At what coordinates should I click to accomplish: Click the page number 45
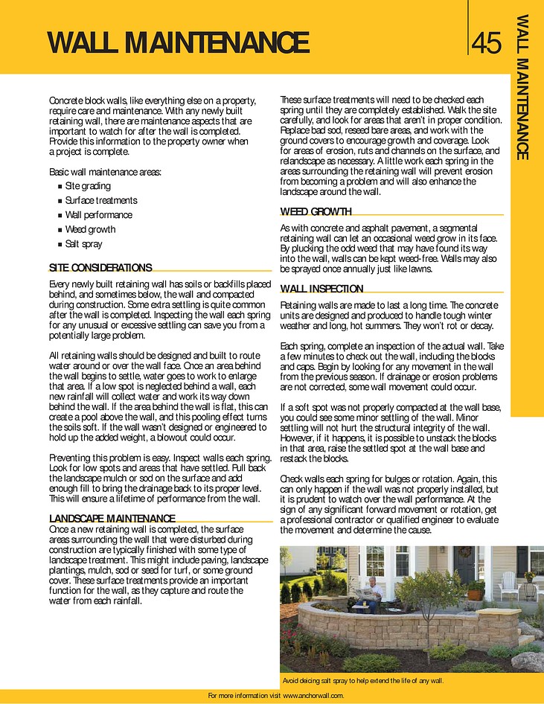pyautogui.click(x=487, y=43)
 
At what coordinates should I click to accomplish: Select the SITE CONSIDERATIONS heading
pyautogui.click(x=100, y=267)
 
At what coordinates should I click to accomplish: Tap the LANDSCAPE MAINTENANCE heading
pyautogui.click(x=112, y=518)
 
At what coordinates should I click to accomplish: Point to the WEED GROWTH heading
pyautogui.click(x=316, y=211)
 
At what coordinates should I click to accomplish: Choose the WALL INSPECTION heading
pyautogui.click(x=321, y=289)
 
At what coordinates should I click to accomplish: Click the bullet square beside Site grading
pyautogui.click(x=60, y=187)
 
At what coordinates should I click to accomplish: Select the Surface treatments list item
pyautogui.click(x=100, y=201)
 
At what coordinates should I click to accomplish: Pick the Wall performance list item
pyautogui.click(x=98, y=215)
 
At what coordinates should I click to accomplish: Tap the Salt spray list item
pyautogui.click(x=83, y=244)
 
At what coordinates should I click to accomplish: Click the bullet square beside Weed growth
pyautogui.click(x=60, y=230)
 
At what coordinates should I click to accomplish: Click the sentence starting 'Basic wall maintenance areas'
pyautogui.click(x=104, y=172)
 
